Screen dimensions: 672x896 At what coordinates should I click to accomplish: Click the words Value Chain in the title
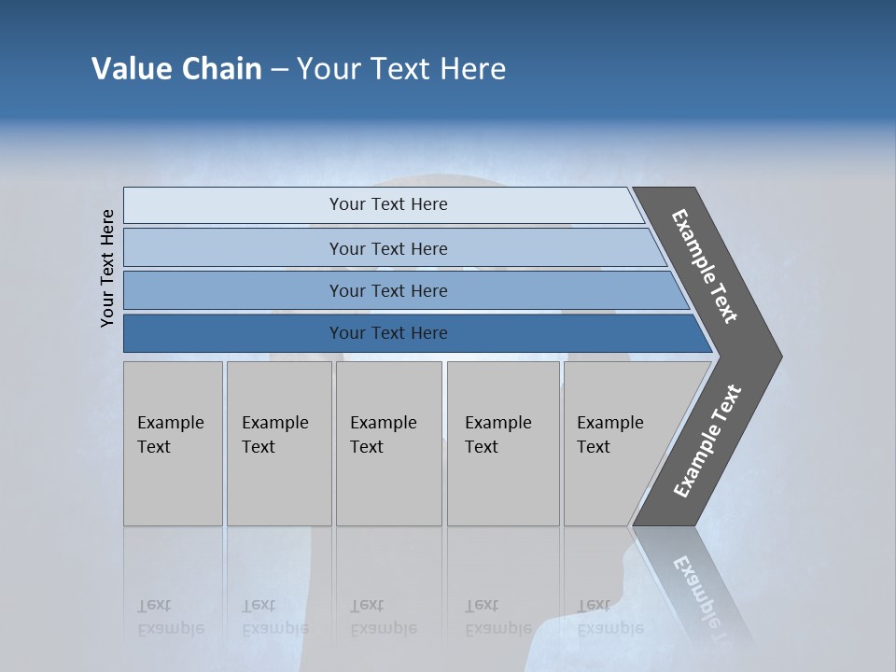point(176,69)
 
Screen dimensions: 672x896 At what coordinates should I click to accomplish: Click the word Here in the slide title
point(472,69)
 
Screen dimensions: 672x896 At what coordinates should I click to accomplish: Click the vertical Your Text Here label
point(107,268)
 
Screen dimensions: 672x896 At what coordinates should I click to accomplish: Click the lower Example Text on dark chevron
point(707,441)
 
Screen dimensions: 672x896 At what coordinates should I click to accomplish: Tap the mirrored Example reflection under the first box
point(170,628)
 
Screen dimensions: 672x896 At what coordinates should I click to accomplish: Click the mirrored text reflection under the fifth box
point(609,617)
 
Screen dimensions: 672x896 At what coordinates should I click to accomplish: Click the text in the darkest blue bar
point(388,333)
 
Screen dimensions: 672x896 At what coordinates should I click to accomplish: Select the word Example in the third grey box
point(383,423)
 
